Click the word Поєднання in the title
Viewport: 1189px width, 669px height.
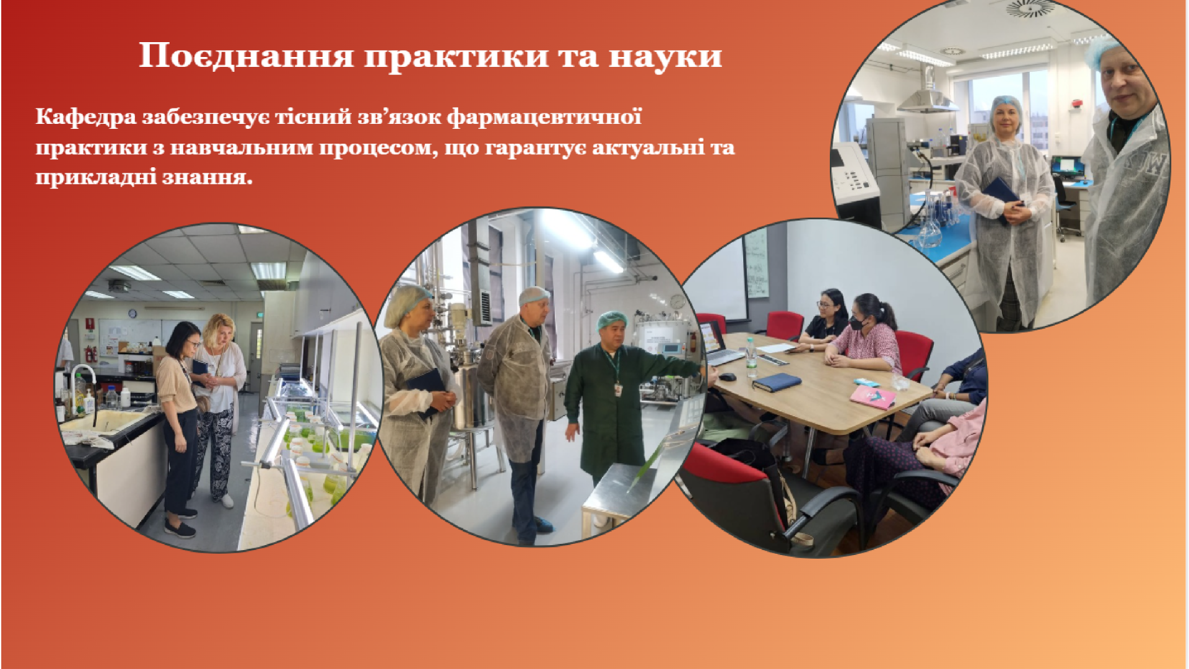click(246, 56)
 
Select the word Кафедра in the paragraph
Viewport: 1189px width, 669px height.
click(85, 117)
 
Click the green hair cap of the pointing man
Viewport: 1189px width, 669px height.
click(612, 320)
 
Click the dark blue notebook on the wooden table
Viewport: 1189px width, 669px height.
click(777, 382)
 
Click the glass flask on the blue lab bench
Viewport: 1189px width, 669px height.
click(929, 226)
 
